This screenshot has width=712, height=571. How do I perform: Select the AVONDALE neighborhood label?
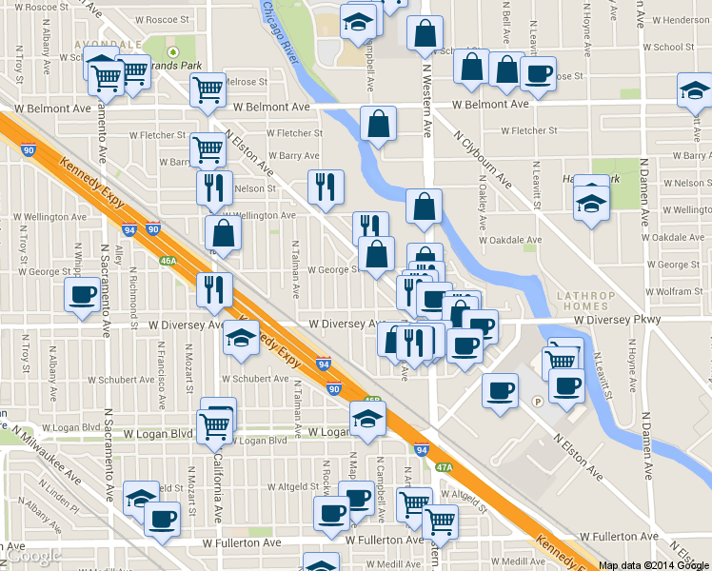pyautogui.click(x=112, y=44)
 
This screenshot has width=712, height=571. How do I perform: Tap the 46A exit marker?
pyautogui.click(x=168, y=260)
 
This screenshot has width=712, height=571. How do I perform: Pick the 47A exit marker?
pyautogui.click(x=445, y=467)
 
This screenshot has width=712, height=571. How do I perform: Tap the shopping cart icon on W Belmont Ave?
pyautogui.click(x=208, y=90)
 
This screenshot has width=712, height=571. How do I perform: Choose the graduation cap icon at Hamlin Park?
pyautogui.click(x=591, y=203)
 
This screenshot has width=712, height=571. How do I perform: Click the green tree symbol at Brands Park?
pyautogui.click(x=173, y=52)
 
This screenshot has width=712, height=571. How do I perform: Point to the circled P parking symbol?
pyautogui.click(x=537, y=401)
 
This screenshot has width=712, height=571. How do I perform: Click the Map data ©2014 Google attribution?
pyautogui.click(x=654, y=564)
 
